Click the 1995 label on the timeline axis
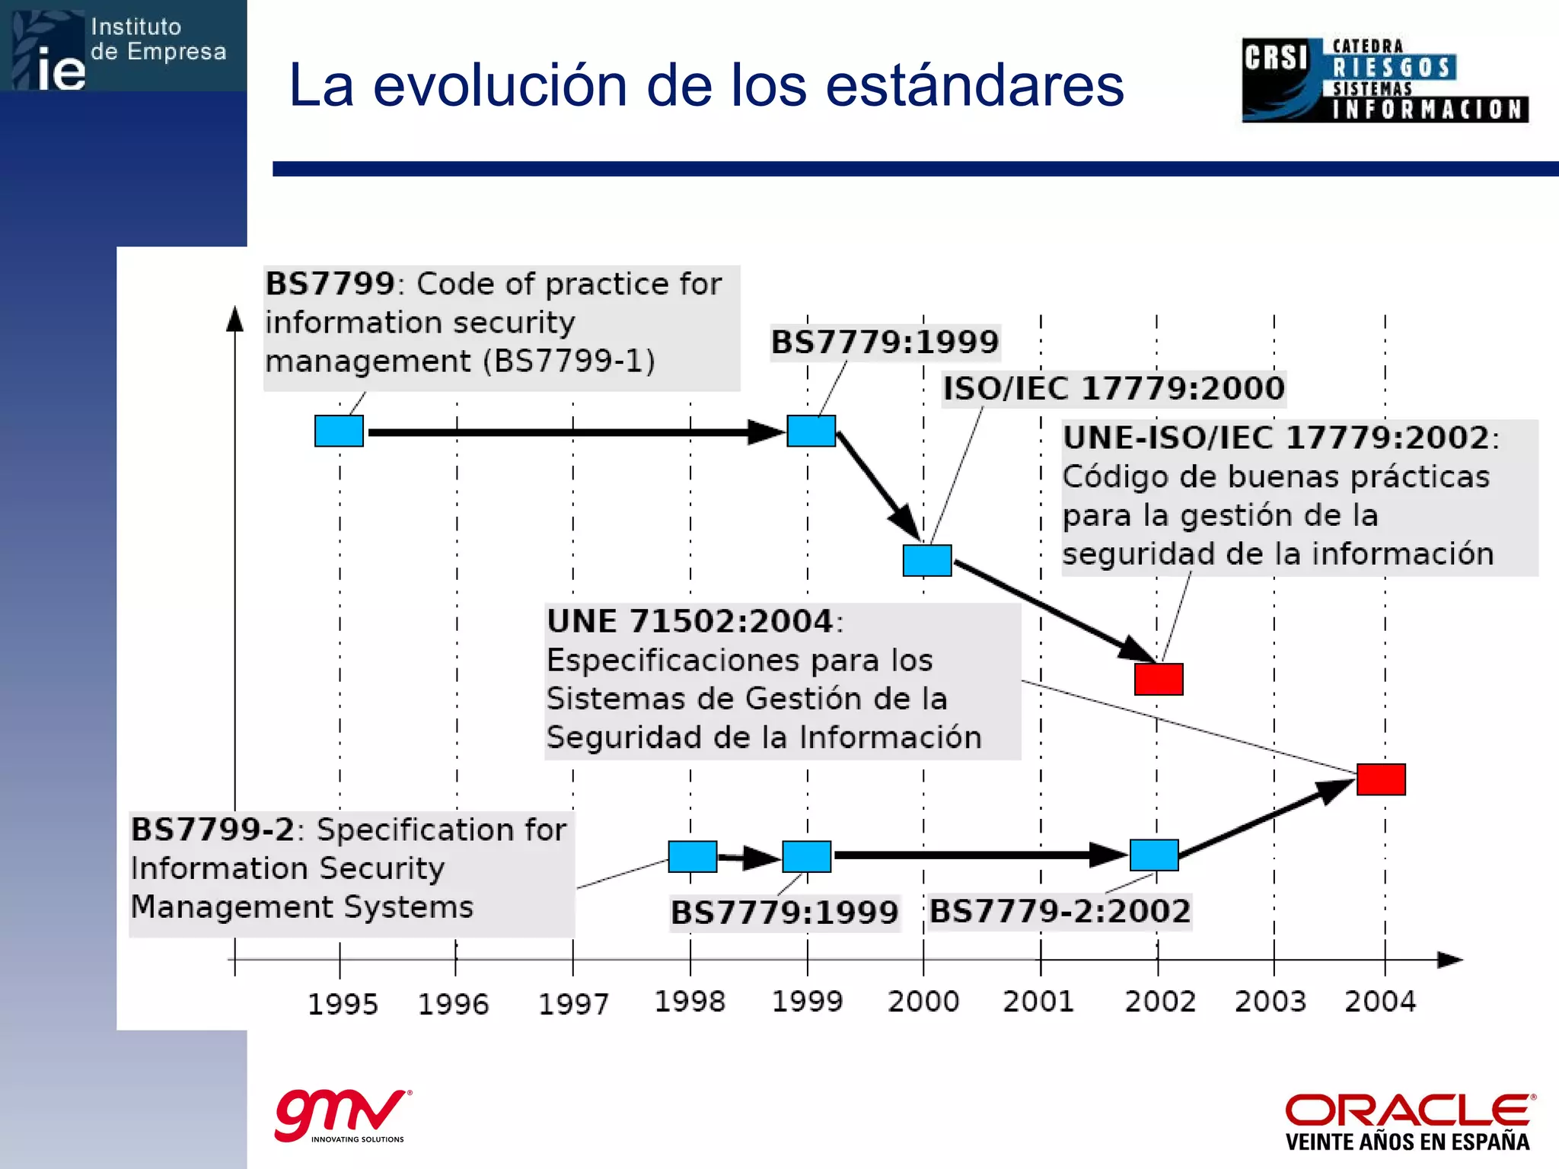[x=343, y=1005]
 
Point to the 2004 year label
[x=1380, y=1002]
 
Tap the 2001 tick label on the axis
[x=1038, y=1002]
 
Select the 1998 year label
[x=690, y=1002]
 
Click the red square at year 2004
[x=1381, y=779]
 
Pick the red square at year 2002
[x=1159, y=679]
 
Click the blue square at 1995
[x=339, y=431]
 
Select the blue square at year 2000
[x=927, y=560]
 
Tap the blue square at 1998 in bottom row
[x=692, y=856]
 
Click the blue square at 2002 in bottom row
[x=1154, y=855]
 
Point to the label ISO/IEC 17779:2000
[x=1114, y=389]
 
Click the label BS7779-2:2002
[x=1060, y=911]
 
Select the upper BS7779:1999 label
[x=885, y=342]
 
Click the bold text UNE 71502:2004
[x=690, y=621]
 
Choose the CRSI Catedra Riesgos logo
[x=1385, y=81]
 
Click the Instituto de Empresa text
[x=158, y=40]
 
